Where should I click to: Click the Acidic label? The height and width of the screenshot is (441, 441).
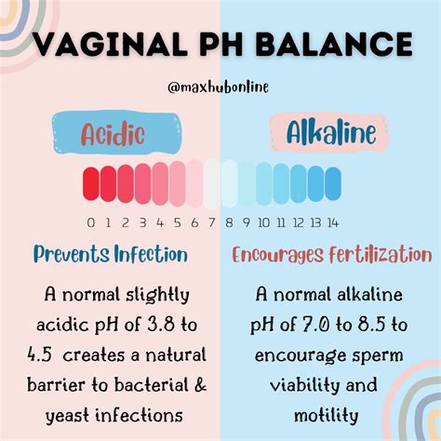112,133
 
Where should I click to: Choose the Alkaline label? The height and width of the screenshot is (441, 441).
318,133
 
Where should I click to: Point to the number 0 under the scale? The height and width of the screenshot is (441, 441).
90,222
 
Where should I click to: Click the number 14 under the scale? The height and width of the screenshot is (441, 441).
332,222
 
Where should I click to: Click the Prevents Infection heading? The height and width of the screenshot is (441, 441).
111,254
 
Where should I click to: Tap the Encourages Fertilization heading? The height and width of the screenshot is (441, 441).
332,255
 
